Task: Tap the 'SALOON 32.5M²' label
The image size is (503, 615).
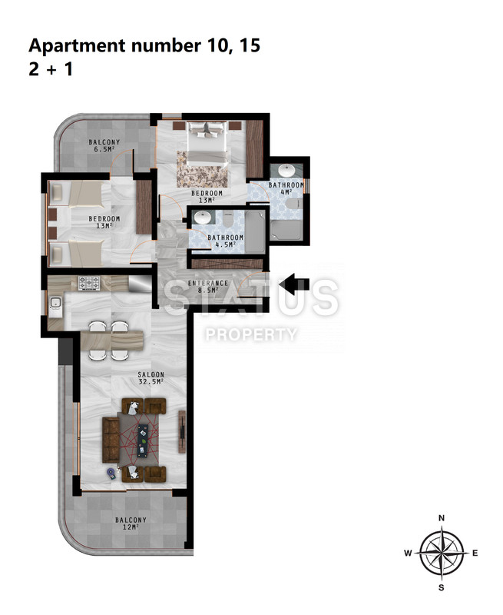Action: (x=151, y=378)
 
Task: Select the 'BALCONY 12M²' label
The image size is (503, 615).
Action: (x=131, y=524)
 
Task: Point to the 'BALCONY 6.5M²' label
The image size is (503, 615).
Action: (x=104, y=145)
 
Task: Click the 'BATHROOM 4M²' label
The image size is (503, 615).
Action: (x=286, y=188)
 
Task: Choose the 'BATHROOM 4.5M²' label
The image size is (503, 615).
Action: (x=225, y=241)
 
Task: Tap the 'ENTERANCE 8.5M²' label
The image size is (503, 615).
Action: (x=207, y=286)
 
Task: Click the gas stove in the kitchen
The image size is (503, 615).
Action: (x=89, y=283)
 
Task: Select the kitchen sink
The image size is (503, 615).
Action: (x=55, y=303)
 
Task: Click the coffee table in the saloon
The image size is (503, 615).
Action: (x=143, y=440)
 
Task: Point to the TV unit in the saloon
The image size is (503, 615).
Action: (x=182, y=431)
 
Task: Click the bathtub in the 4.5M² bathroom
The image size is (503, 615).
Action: (x=255, y=232)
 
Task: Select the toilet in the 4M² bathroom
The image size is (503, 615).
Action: (x=294, y=204)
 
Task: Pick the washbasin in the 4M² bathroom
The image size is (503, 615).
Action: (x=286, y=171)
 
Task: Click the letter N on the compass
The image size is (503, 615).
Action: (x=442, y=518)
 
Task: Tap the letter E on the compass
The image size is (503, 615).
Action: (x=475, y=553)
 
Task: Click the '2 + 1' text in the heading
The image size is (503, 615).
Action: (x=51, y=69)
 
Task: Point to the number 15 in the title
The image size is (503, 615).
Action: (x=250, y=45)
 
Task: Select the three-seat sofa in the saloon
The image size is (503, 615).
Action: (x=111, y=440)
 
